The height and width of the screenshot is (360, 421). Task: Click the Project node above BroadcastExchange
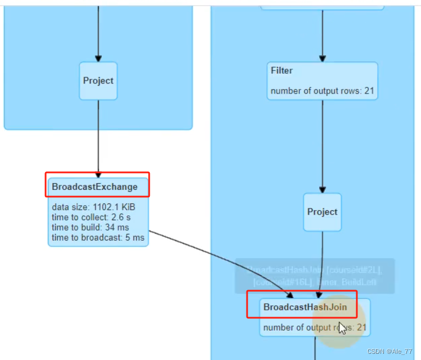pyautogui.click(x=98, y=81)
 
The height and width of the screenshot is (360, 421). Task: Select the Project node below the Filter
pyautogui.click(x=322, y=212)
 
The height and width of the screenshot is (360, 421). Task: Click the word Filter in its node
pyautogui.click(x=281, y=70)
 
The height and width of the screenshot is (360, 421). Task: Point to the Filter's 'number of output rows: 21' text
pyautogui.click(x=322, y=91)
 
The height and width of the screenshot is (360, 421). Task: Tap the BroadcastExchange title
pyautogui.click(x=94, y=186)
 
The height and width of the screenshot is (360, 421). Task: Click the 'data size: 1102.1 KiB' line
pyautogui.click(x=93, y=207)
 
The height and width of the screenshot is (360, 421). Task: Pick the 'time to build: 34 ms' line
pyautogui.click(x=90, y=228)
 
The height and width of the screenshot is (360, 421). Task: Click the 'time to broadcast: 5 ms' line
pyautogui.click(x=98, y=238)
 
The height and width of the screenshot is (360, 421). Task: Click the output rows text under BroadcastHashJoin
pyautogui.click(x=314, y=327)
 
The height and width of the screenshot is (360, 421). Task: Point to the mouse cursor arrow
pyautogui.click(x=342, y=327)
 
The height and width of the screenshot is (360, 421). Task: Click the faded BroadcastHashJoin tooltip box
pyautogui.click(x=314, y=275)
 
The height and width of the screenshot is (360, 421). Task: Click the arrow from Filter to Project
pyautogui.click(x=323, y=146)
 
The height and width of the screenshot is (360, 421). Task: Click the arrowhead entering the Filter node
pyautogui.click(x=323, y=58)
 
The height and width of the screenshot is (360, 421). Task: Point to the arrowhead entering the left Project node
pyautogui.click(x=98, y=57)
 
